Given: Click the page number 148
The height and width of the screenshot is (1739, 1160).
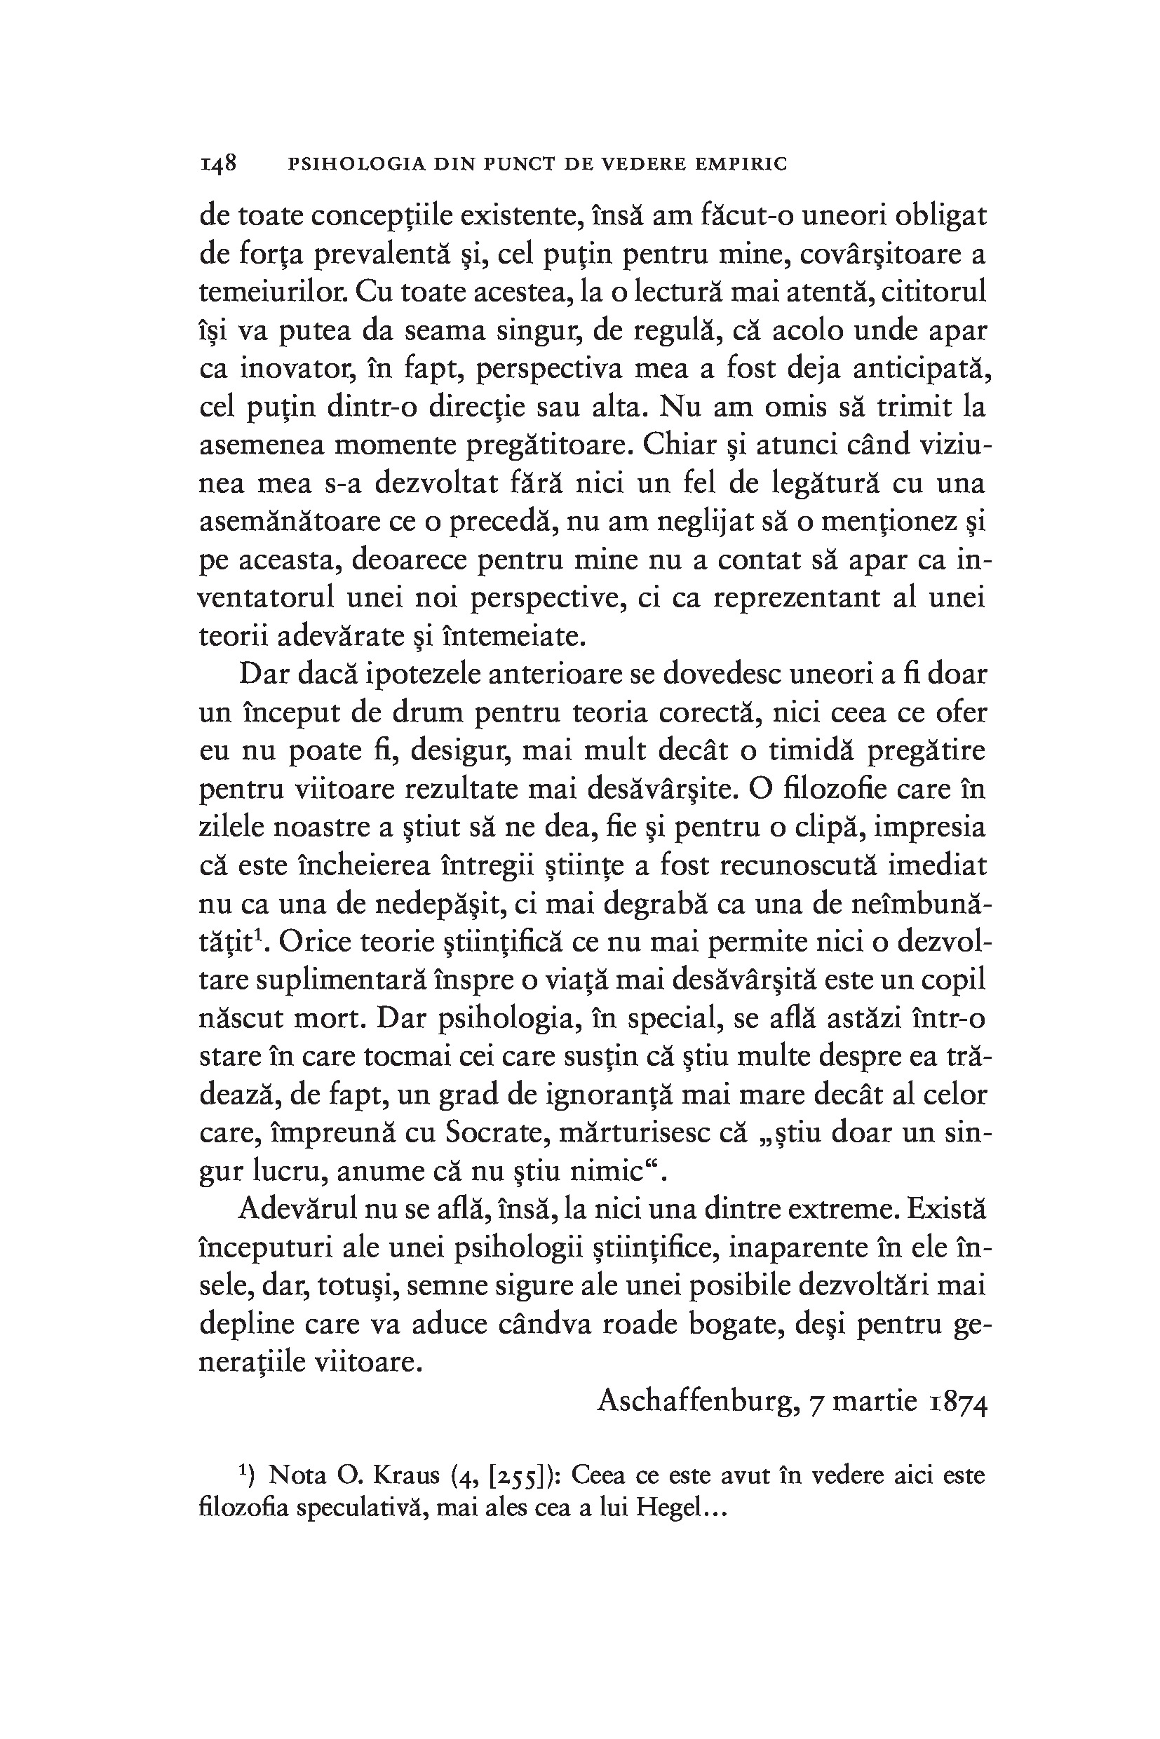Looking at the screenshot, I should point(217,163).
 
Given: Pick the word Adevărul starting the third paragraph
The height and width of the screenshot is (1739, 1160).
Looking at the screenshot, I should point(298,1210).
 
